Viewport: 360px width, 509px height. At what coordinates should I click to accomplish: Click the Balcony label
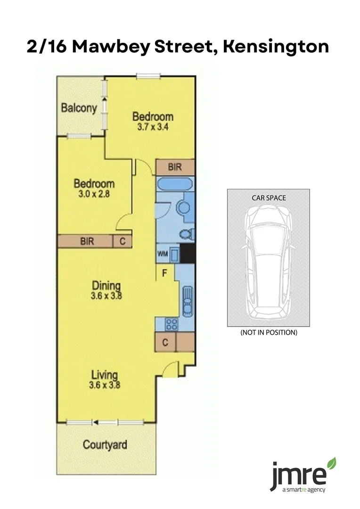(x=79, y=108)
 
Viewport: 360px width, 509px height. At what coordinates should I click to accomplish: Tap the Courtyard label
(x=105, y=444)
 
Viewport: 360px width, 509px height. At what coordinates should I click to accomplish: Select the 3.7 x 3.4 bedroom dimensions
(x=153, y=127)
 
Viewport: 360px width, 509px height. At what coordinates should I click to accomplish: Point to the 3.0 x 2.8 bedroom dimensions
(x=94, y=193)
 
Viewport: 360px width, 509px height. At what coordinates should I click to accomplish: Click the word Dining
(x=106, y=286)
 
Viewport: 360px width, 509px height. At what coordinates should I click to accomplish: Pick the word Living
(x=104, y=375)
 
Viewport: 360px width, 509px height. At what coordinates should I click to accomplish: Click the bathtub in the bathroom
(x=174, y=184)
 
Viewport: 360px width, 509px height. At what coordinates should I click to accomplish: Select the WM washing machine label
(x=162, y=254)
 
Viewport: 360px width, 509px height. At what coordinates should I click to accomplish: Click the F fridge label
(x=165, y=272)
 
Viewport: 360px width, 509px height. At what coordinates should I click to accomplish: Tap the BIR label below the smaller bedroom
(x=87, y=241)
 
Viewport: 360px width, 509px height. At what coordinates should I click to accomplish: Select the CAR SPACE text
(x=269, y=198)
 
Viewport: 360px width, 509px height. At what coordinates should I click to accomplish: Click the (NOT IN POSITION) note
(x=269, y=332)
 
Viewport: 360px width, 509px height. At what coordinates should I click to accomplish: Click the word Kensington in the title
(x=276, y=47)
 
